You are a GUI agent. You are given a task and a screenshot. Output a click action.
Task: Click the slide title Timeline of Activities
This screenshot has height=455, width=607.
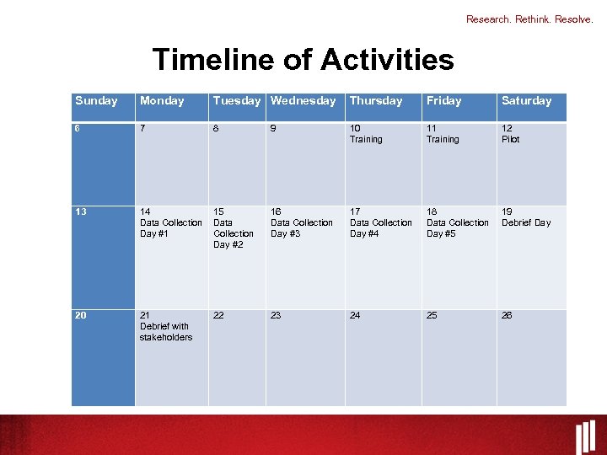point(303,60)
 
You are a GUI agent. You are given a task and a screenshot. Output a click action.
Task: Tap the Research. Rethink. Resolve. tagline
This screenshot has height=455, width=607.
point(529,19)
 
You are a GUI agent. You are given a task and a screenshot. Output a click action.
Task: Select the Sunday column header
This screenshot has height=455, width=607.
point(96,101)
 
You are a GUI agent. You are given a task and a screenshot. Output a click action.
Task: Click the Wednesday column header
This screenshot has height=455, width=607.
point(303,101)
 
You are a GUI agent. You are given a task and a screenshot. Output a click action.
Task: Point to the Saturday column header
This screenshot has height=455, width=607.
point(526,101)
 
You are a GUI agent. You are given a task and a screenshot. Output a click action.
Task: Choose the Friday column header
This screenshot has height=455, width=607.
point(443,101)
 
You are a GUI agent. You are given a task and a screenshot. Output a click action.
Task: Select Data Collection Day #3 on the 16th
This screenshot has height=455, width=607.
point(301,223)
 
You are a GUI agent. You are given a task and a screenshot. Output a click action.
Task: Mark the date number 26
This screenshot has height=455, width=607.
point(507,316)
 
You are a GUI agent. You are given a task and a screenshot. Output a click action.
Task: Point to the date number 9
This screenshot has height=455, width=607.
point(274,128)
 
